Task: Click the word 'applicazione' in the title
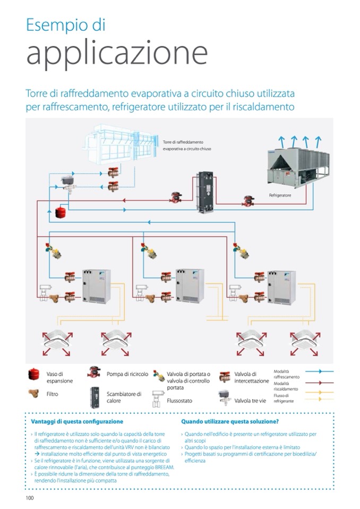coord(117,53)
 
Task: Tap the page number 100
coord(30,497)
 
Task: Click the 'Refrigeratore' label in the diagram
coord(280,195)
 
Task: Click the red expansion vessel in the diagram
coord(59,213)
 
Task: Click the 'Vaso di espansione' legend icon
coord(35,375)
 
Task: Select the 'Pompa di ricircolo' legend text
coord(127,374)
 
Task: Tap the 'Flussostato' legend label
coord(179,401)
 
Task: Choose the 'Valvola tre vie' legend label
coord(250,401)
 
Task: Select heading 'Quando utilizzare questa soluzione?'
coord(230,421)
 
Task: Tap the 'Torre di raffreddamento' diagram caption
coord(187,145)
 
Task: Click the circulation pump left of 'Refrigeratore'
coord(247,202)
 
